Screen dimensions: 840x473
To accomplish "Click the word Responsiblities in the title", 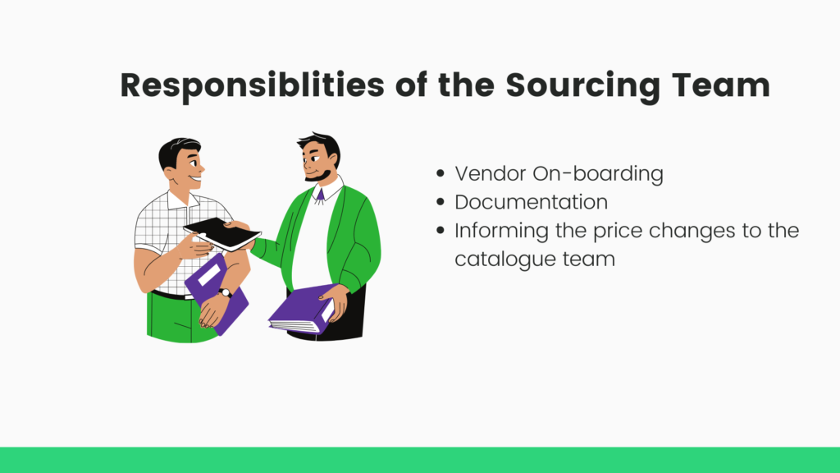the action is click(x=253, y=85).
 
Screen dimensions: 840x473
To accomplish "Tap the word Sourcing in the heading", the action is click(x=583, y=85).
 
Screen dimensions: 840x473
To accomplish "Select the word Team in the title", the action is click(x=720, y=85).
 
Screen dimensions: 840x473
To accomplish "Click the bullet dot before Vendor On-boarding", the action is click(x=441, y=173).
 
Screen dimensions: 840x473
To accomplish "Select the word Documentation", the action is click(x=532, y=202).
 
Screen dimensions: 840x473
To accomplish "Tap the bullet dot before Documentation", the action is click(x=441, y=202).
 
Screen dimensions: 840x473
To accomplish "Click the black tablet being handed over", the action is click(x=222, y=234).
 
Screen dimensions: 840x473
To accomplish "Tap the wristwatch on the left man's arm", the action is click(x=225, y=293).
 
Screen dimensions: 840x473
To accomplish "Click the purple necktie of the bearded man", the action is click(x=320, y=195).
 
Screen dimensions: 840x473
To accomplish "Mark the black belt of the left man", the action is click(x=171, y=295).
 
